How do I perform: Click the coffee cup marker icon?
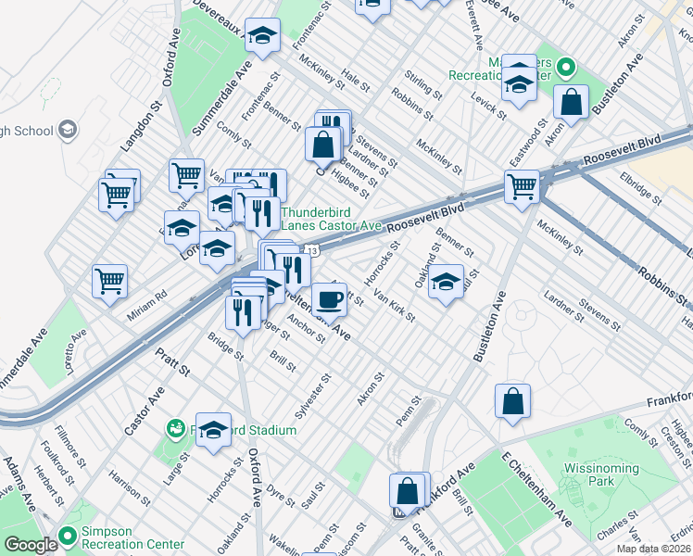329,300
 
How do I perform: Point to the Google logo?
30,545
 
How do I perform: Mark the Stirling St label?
424,82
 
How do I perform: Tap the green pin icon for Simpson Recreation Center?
67,535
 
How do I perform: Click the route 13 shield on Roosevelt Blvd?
314,250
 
